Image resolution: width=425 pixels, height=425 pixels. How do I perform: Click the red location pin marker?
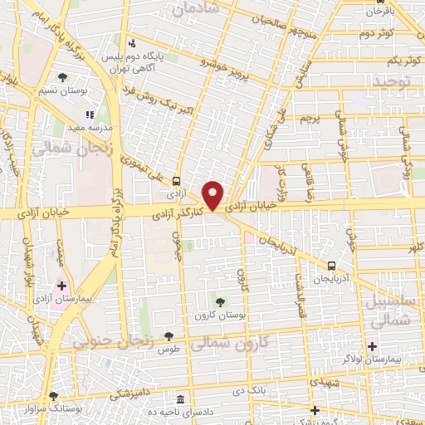pos(213,194)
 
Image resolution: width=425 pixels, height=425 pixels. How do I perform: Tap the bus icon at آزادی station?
pos(176,181)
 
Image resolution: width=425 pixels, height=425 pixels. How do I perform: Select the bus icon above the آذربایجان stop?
pos(332,266)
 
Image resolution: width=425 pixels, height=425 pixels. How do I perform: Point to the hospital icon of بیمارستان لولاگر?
pos(372,345)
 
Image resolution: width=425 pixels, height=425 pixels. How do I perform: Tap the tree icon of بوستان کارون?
pos(219,302)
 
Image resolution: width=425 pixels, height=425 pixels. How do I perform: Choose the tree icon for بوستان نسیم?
pos(62,77)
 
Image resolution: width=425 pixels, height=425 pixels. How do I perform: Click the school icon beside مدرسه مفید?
pos(90,116)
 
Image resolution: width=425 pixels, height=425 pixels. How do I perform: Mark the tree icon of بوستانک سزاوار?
pos(54,397)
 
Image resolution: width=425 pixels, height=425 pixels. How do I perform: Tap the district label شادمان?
pos(197,7)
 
